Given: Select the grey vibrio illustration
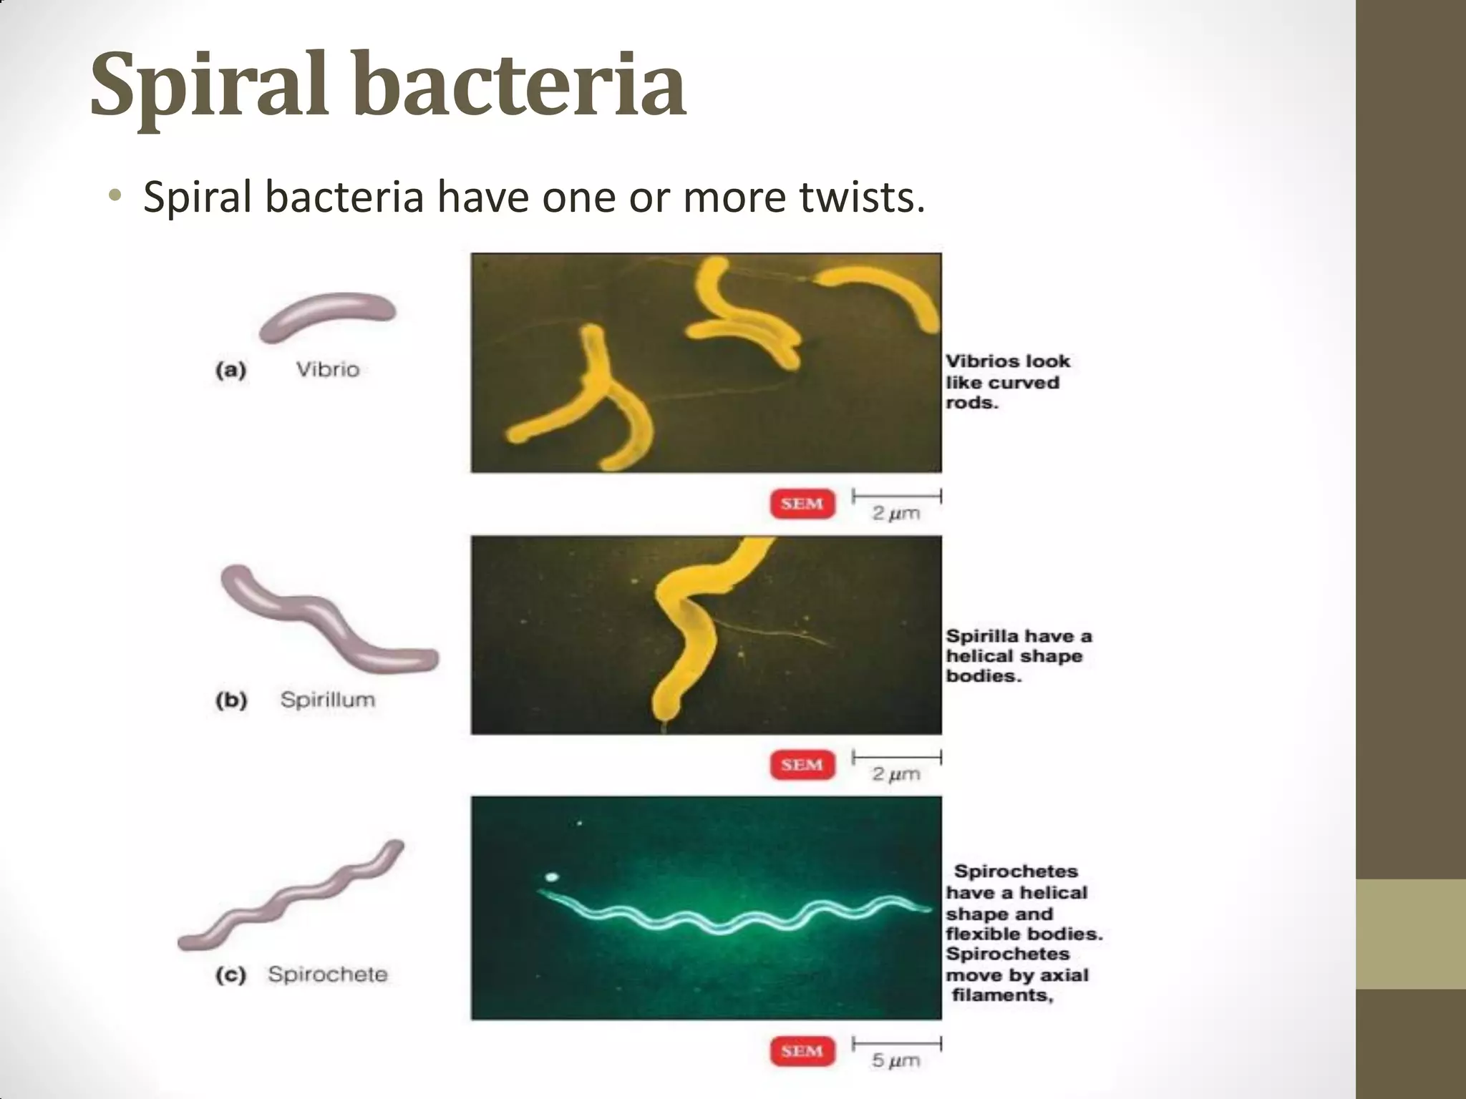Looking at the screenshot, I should click(x=328, y=316).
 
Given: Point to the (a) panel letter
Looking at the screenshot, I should click(x=230, y=371).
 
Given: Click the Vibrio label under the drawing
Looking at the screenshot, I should click(x=328, y=370).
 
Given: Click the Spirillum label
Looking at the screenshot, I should click(x=328, y=699).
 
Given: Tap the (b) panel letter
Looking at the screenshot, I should click(x=230, y=700).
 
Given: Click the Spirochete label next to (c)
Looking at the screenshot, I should click(x=328, y=975).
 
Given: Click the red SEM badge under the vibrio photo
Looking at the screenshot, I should click(x=802, y=504).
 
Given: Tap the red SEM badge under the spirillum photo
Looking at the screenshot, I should click(x=802, y=765).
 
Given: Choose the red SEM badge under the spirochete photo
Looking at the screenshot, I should click(x=802, y=1051).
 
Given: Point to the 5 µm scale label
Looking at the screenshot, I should click(x=895, y=1060).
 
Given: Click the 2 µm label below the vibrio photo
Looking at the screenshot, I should click(x=895, y=513).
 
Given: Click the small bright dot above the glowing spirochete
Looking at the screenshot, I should click(x=551, y=876).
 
